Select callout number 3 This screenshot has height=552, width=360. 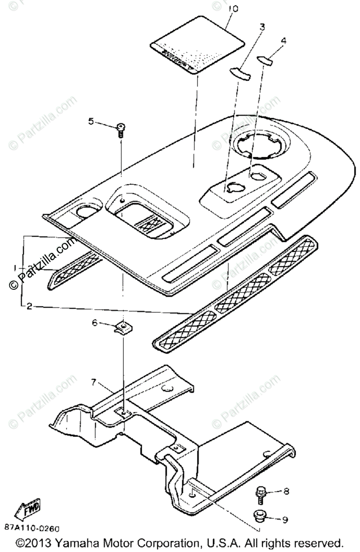[x=261, y=27]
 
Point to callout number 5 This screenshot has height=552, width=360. [x=91, y=121]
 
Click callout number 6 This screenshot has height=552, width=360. [x=95, y=323]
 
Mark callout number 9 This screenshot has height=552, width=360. [x=285, y=520]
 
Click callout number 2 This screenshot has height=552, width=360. [x=29, y=306]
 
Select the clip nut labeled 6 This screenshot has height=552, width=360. [x=122, y=328]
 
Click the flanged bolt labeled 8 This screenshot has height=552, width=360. [x=260, y=494]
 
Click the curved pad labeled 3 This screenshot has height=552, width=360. [x=240, y=72]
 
